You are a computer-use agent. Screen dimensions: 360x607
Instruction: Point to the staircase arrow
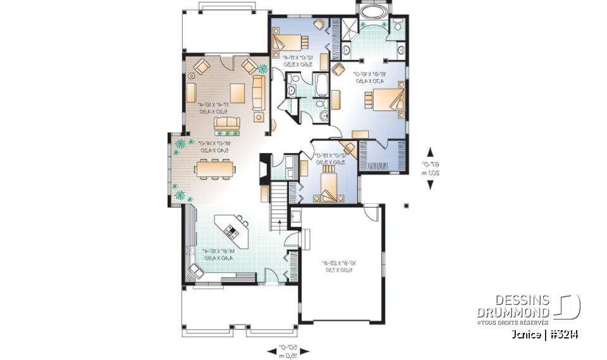coord(278,221)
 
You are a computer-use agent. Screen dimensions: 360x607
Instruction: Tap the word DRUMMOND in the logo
coord(513,313)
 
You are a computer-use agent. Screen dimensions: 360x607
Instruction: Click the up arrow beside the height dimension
coord(431,152)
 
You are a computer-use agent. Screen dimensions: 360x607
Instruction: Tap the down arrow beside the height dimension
coord(431,185)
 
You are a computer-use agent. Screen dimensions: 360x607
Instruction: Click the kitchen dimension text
coord(212,254)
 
